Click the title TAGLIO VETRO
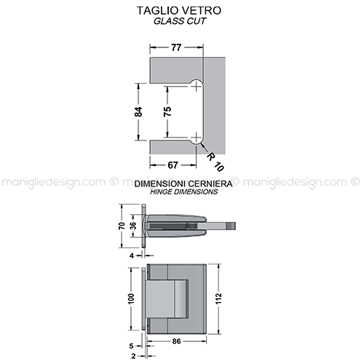(179, 10)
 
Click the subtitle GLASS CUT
(180, 21)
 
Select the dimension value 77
(176, 47)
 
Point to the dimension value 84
(139, 111)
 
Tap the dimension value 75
(167, 111)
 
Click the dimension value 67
(173, 165)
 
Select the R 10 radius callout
(215, 162)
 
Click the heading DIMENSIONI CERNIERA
(183, 183)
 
